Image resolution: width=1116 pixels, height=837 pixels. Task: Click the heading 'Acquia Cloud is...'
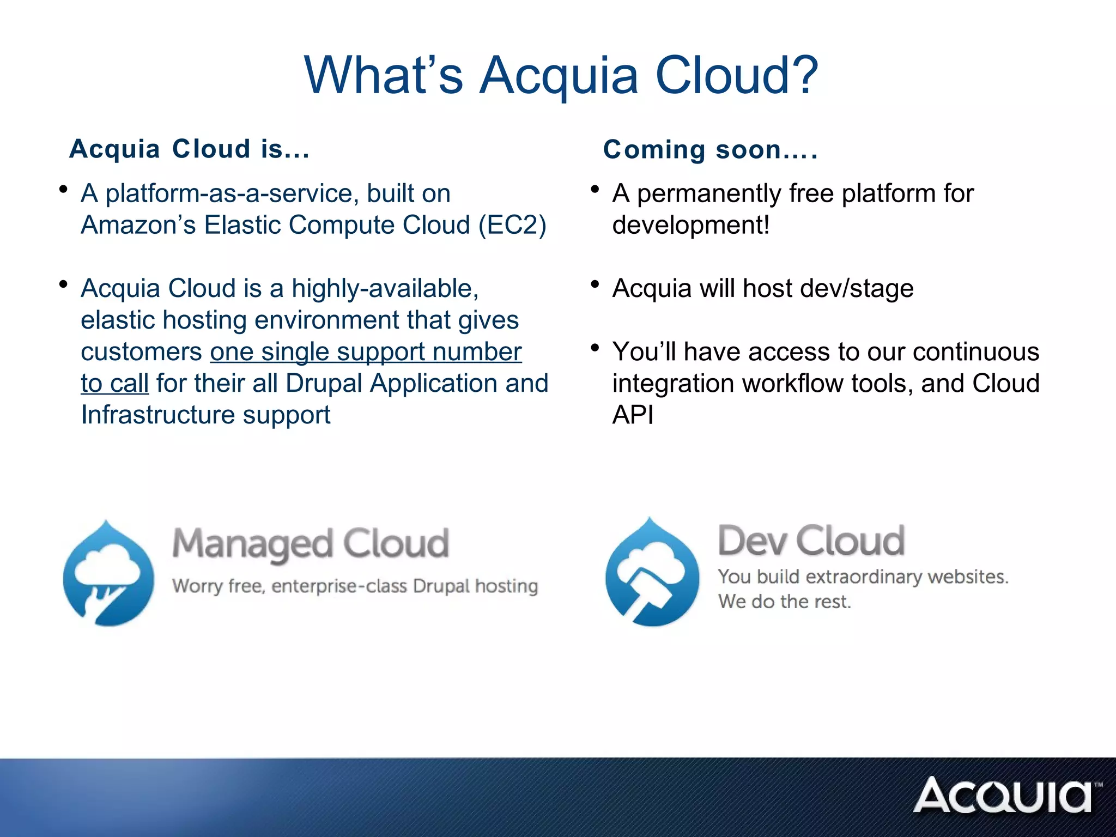pos(190,149)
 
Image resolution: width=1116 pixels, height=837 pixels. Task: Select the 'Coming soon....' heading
pos(711,149)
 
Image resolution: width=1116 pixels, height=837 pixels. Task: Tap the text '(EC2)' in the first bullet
pos(512,225)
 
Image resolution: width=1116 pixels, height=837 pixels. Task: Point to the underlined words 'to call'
pos(114,383)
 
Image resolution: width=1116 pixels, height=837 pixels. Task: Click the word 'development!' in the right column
pos(690,225)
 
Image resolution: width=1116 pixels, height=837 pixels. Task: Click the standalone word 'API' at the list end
pos(633,415)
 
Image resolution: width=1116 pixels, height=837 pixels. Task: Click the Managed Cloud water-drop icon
pos(108,574)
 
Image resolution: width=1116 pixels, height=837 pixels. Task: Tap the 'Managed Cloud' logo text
pos(311,544)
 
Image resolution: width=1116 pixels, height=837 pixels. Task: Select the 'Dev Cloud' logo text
pos(811,541)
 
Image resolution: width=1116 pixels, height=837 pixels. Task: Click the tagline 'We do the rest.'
pos(784,602)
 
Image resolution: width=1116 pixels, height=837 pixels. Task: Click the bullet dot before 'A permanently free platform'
pos(595,190)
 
